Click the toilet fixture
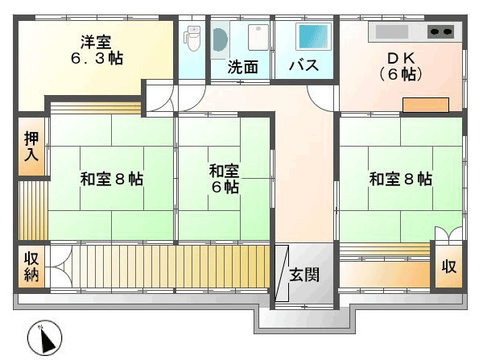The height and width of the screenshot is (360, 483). click(192, 38)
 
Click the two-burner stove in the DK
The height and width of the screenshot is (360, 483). click(440, 32)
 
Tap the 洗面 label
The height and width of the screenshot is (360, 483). click(242, 67)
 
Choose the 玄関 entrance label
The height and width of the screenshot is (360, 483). click(304, 274)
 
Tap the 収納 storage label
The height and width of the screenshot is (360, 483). click(31, 267)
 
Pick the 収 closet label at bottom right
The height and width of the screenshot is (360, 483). click(448, 267)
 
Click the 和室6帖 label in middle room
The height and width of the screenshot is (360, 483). click(224, 179)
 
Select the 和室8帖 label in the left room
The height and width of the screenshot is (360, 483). click(111, 179)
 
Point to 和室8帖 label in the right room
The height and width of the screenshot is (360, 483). click(400, 179)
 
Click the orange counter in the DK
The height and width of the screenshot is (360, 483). click(425, 105)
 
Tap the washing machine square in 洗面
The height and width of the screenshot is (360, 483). click(257, 38)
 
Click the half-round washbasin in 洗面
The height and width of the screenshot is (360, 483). click(219, 38)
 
